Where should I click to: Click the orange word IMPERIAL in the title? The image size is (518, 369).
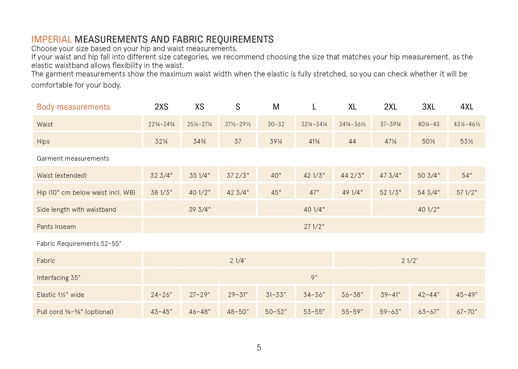click(x=52, y=39)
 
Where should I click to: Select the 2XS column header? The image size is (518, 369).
click(x=161, y=107)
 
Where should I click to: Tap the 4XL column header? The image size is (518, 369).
click(x=466, y=107)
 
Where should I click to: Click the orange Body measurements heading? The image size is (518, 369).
click(x=73, y=107)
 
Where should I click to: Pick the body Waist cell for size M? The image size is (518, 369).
click(x=276, y=124)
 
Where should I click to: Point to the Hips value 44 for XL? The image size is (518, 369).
click(x=352, y=141)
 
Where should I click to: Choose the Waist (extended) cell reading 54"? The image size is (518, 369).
click(x=466, y=175)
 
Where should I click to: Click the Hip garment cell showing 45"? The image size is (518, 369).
click(x=276, y=192)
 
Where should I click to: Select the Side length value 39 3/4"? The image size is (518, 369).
click(x=199, y=209)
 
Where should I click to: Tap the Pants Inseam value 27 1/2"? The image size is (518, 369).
click(x=314, y=227)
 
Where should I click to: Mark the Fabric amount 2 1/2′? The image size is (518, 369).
click(x=410, y=261)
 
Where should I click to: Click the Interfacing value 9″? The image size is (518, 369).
click(x=314, y=278)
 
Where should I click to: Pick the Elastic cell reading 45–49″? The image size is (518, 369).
click(x=466, y=295)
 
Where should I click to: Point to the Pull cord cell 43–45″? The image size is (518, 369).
click(x=161, y=312)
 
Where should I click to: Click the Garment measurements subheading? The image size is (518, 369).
click(x=73, y=158)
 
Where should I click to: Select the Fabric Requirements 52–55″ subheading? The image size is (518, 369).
click(x=79, y=244)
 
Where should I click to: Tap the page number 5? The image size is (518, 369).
click(x=259, y=348)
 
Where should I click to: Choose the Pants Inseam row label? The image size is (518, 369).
click(x=56, y=227)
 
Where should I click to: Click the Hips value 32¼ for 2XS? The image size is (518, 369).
click(x=161, y=141)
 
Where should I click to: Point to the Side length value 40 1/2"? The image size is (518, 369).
click(x=429, y=209)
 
